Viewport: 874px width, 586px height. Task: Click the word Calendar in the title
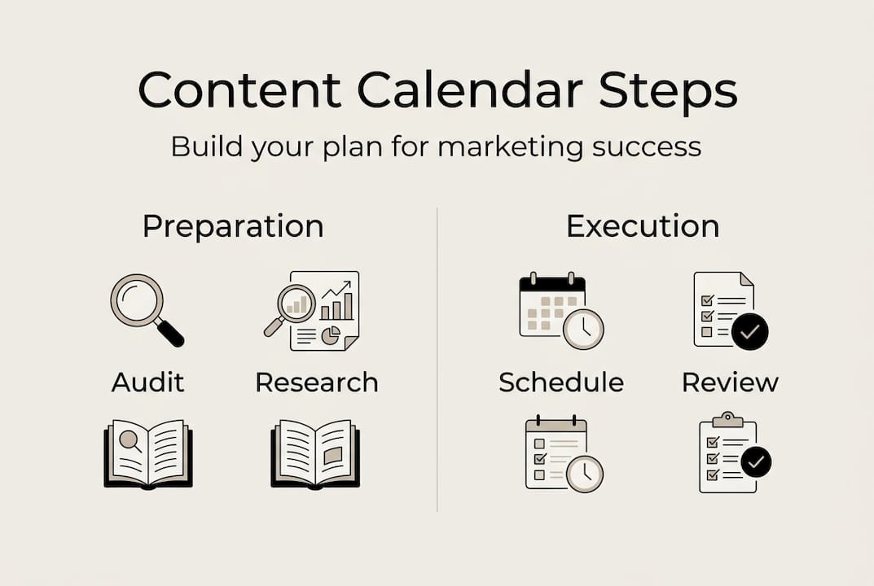pyautogui.click(x=469, y=90)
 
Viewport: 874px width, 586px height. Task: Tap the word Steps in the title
pyautogui.click(x=668, y=93)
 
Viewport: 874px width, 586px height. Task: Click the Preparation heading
pyautogui.click(x=233, y=227)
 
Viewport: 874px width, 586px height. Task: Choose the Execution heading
pyautogui.click(x=643, y=226)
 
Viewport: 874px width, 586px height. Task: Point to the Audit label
pyautogui.click(x=147, y=383)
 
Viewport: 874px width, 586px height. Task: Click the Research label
pyautogui.click(x=317, y=383)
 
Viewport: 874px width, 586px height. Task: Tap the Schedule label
pyautogui.click(x=561, y=383)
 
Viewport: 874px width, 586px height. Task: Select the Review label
pyautogui.click(x=730, y=383)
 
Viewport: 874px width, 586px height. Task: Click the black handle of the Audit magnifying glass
pyautogui.click(x=169, y=333)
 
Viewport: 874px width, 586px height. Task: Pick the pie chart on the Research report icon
pyautogui.click(x=331, y=336)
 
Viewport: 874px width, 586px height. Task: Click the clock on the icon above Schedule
pyautogui.click(x=583, y=329)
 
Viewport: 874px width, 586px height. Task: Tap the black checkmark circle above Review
pyautogui.click(x=749, y=331)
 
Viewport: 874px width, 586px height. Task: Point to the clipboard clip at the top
pyautogui.click(x=727, y=419)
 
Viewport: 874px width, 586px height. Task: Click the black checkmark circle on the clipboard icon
pyautogui.click(x=756, y=461)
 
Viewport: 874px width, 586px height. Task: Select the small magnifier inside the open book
pyautogui.click(x=130, y=440)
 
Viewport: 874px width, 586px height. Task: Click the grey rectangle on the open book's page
pyautogui.click(x=333, y=454)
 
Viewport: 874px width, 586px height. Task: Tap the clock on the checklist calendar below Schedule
pyautogui.click(x=585, y=474)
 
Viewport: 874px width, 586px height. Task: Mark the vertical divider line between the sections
pyautogui.click(x=437, y=360)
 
